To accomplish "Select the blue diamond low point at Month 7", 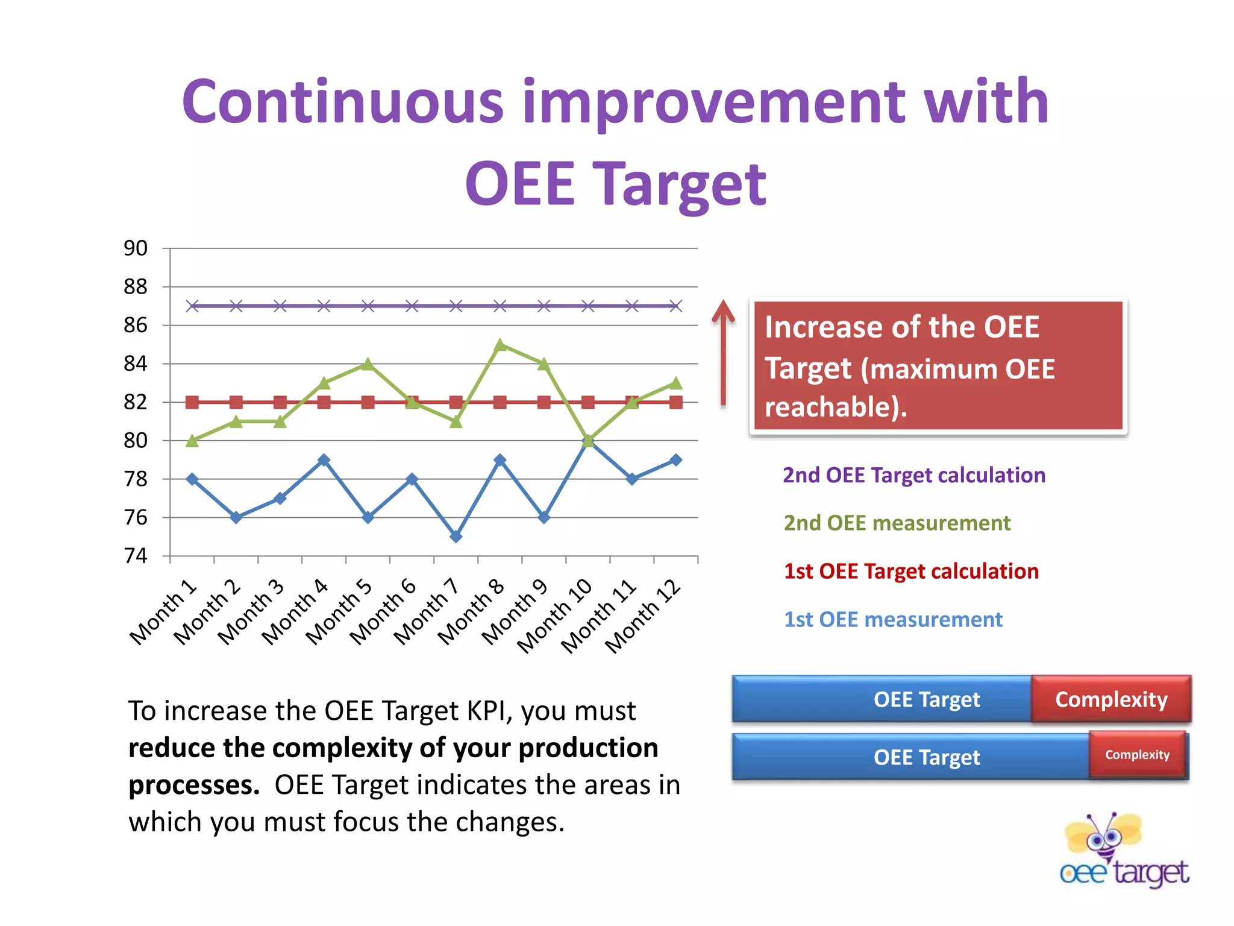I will [x=456, y=537].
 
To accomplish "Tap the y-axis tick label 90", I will [x=136, y=248].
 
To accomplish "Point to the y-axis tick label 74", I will [x=136, y=556].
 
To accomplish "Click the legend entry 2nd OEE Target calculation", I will [x=913, y=475].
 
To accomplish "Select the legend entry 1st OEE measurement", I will [x=893, y=620].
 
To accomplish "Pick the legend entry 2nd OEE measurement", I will [x=897, y=523].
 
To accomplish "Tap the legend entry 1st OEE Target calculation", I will [x=911, y=571].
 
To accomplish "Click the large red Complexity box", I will [x=1111, y=699].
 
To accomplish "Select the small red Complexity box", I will [x=1137, y=755].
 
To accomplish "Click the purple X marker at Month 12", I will [x=676, y=306].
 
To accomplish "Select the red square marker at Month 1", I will [x=192, y=402].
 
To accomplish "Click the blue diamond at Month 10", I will [x=587, y=441].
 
